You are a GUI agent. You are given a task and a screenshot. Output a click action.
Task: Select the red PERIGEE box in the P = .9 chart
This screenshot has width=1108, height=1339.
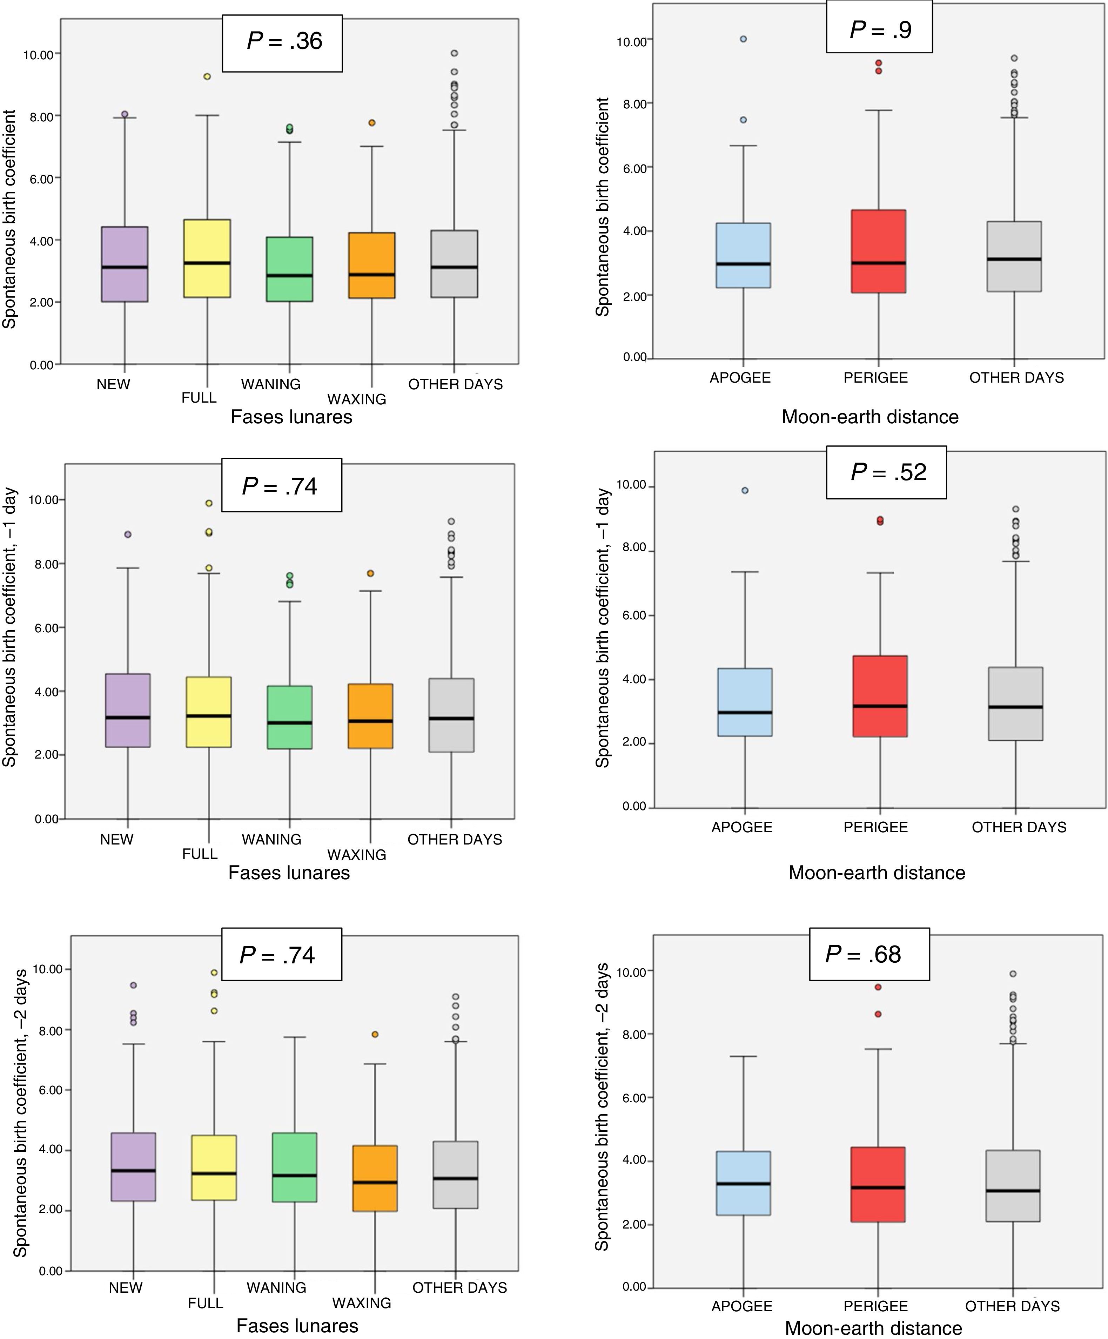tap(879, 251)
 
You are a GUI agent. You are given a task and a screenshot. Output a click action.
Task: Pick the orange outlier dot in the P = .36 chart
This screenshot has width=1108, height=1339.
tap(372, 122)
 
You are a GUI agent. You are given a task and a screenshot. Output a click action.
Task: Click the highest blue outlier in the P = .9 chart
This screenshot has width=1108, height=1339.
tap(743, 39)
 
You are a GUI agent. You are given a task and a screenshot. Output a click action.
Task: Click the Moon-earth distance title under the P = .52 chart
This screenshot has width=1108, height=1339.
tap(877, 872)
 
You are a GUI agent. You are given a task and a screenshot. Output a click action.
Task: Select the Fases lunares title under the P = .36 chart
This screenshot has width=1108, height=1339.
tap(291, 417)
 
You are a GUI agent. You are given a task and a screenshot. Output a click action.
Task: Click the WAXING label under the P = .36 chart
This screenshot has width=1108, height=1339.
tap(357, 399)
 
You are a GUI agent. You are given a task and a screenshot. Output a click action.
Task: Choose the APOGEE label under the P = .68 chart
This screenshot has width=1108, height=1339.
tap(741, 1306)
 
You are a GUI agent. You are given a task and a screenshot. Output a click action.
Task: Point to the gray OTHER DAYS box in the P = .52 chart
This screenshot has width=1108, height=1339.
tap(1015, 704)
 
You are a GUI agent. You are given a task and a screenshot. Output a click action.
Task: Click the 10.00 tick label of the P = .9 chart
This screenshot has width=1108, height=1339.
tap(631, 42)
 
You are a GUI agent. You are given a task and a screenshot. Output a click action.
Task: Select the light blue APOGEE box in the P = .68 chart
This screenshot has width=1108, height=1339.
tap(743, 1183)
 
